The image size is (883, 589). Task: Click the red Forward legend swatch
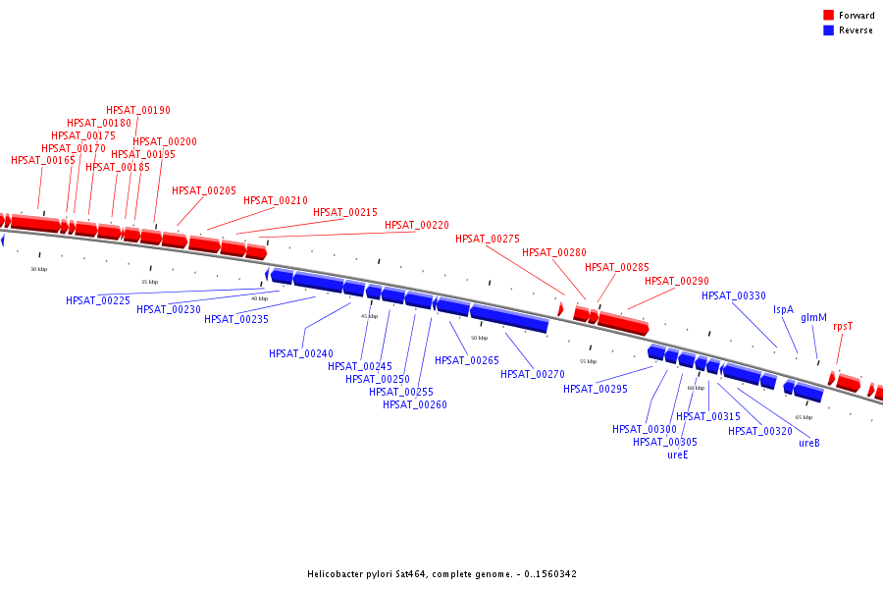coord(828,15)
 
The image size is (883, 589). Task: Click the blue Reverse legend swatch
coord(828,30)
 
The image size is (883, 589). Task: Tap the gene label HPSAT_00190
coord(138,110)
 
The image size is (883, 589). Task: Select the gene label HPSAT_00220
coord(417,225)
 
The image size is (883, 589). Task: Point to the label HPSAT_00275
coord(488,239)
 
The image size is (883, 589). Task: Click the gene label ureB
coord(809,443)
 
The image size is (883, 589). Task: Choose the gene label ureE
coord(678,455)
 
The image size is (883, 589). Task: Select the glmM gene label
coord(813,317)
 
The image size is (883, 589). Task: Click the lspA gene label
coord(783,309)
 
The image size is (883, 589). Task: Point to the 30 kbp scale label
coord(38,269)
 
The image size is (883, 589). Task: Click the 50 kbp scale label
coord(479,338)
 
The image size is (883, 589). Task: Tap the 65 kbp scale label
coord(804,417)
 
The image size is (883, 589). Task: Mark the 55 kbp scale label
coord(588,361)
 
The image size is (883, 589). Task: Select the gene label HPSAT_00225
coord(98,300)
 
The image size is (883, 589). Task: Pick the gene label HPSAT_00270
coord(533,373)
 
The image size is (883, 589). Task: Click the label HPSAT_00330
coord(734,295)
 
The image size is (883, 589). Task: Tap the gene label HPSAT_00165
coord(43,160)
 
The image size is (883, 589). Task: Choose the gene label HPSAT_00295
coord(596,389)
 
